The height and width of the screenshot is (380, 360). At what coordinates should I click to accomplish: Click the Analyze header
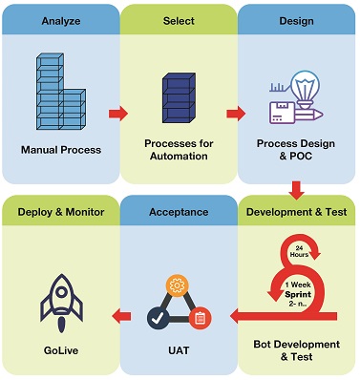pos(59,20)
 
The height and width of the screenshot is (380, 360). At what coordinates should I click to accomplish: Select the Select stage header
pos(179,20)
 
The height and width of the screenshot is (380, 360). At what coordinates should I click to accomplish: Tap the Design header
pos(297,20)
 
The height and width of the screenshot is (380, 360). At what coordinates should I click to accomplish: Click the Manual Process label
pos(59,150)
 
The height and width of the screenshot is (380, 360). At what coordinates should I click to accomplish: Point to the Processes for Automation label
pos(179,150)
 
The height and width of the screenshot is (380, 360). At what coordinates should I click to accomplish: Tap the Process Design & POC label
pos(297,150)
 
